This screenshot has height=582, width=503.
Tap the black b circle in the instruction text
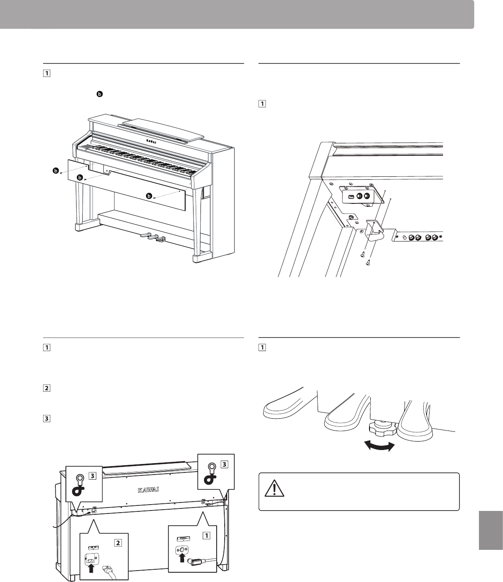[100, 94]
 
